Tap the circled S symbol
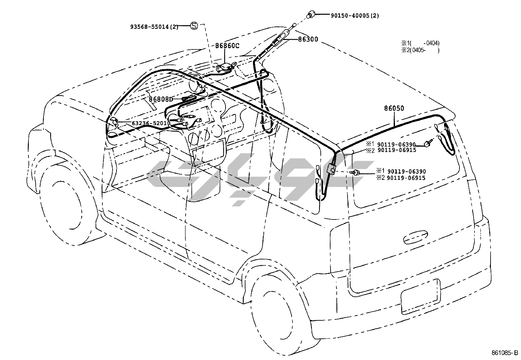point(194,26)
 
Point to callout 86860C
point(227,46)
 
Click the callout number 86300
point(308,40)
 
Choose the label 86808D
point(160,99)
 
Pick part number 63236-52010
point(151,123)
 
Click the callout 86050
point(394,108)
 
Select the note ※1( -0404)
point(421,43)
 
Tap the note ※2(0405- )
point(421,50)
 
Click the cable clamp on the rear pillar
point(331,169)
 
